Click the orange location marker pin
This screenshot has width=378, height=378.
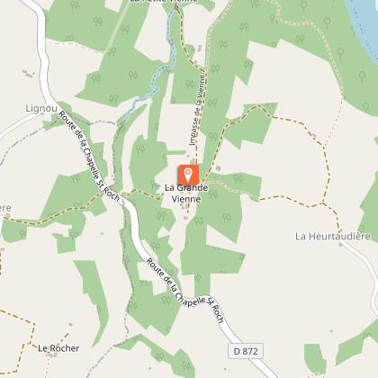(188, 174)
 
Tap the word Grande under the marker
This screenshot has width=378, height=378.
(191, 188)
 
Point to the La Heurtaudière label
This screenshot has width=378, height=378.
(333, 236)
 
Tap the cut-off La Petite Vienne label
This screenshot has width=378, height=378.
(162, 3)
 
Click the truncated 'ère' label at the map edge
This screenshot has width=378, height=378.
(5, 209)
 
